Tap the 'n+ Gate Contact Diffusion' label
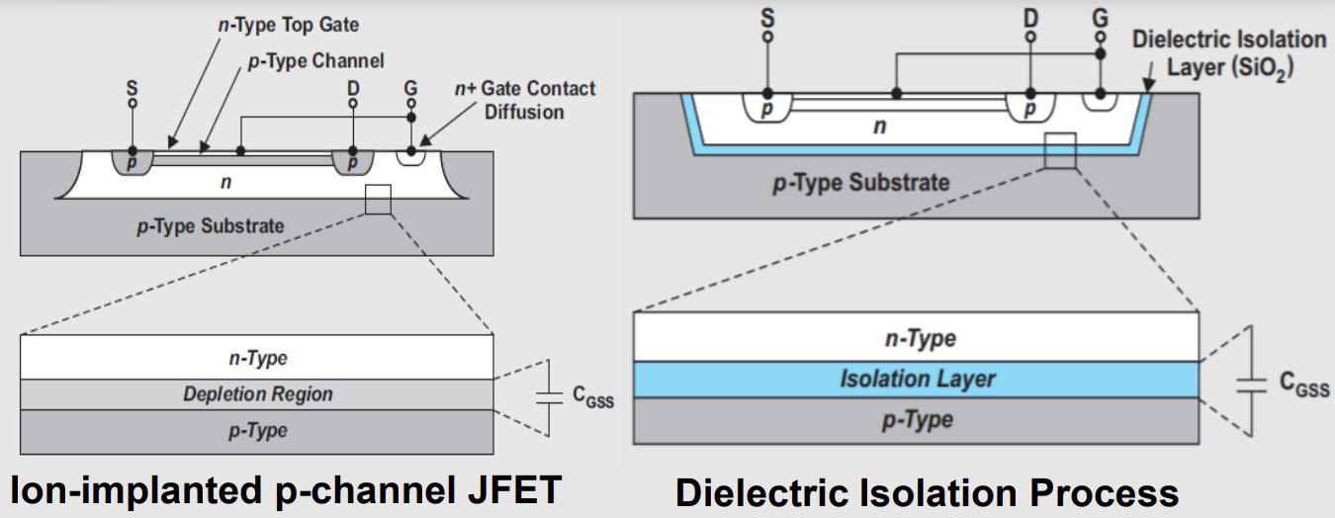coord(524,99)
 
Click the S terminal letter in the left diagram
coord(133,87)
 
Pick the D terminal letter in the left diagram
coord(353,88)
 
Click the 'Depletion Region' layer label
coord(257,393)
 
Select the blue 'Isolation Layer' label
coord(917,379)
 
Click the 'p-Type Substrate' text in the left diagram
coord(210,225)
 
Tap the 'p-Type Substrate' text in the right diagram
coord(860,182)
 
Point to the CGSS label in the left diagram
coord(593,393)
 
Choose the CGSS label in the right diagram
coord(1298,387)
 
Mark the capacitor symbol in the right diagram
coord(1253,381)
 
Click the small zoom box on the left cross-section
coord(378,199)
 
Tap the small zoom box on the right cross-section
coord(1059,150)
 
